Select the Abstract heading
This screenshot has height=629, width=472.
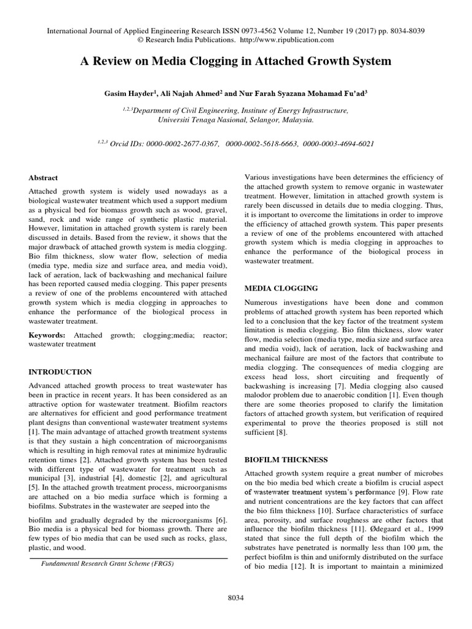45,178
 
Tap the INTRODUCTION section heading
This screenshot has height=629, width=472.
61,372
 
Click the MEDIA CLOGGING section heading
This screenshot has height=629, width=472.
281,287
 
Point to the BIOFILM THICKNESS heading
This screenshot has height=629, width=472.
286,459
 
